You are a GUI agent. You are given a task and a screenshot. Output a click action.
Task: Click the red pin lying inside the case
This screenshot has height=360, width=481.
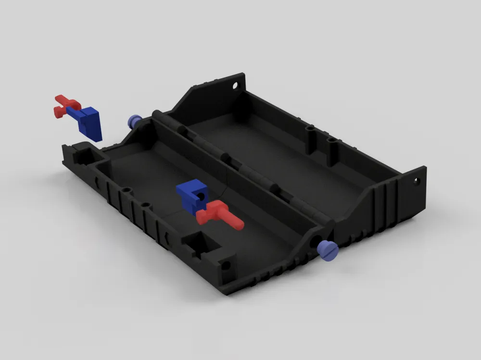point(219,214)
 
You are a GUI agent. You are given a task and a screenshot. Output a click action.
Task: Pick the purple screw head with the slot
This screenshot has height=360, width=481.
point(327,250)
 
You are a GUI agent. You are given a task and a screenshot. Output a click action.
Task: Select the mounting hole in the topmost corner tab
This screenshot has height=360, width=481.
point(235,87)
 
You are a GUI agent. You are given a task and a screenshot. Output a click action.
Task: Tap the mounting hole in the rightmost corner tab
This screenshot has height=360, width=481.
point(417,182)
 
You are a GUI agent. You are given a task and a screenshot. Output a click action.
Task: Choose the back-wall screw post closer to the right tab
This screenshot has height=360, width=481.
point(331,141)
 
